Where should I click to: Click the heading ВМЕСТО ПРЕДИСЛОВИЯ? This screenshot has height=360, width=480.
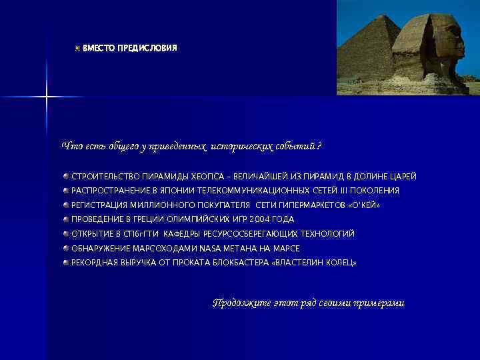click(130, 49)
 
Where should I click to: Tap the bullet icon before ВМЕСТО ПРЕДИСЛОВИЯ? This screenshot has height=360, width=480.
click(77, 49)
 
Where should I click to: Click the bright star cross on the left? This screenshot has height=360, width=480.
click(47, 97)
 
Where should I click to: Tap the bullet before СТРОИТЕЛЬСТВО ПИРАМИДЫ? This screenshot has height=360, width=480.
click(67, 177)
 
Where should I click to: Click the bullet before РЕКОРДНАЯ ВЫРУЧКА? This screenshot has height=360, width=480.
click(67, 263)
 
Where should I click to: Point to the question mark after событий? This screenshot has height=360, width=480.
click(319, 146)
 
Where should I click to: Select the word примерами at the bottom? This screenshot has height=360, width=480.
click(380, 303)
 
